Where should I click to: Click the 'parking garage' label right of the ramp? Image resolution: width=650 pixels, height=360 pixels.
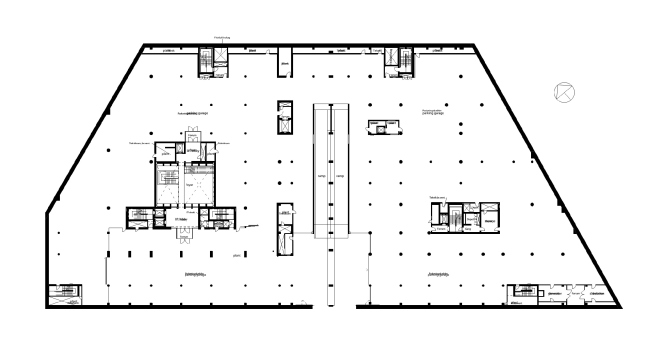[x=440, y=113]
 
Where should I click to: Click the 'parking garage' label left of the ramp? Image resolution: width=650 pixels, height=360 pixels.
[x=195, y=114]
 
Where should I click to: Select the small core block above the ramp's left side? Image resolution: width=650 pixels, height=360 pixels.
[x=284, y=118]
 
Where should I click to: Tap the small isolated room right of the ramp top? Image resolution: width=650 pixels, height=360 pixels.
[x=381, y=126]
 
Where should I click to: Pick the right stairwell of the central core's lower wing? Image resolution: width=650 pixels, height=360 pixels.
[x=218, y=217]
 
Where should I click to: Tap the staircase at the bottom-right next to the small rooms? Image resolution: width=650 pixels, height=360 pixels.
[x=521, y=292]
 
